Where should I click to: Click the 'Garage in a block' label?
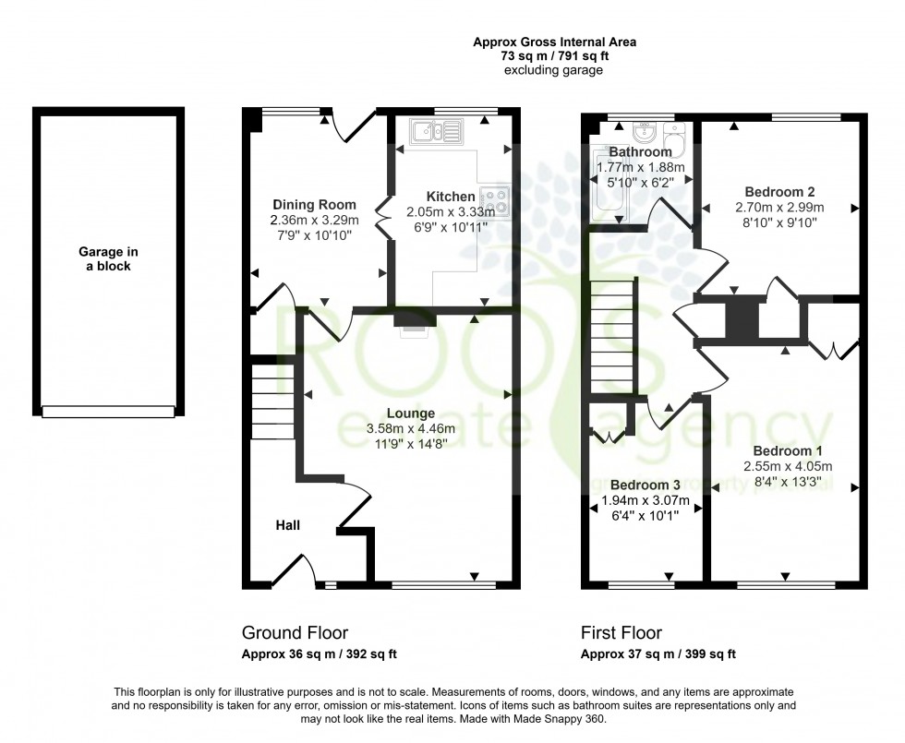104,258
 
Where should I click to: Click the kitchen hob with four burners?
495,199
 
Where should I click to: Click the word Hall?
287,525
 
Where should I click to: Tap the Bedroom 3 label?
646,485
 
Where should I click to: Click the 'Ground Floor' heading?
295,632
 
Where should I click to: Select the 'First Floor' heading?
621,632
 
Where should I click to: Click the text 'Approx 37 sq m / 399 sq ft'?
658,655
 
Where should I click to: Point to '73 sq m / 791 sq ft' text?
554,55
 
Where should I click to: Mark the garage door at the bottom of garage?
109,411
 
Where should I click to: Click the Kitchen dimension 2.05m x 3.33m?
451,211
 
